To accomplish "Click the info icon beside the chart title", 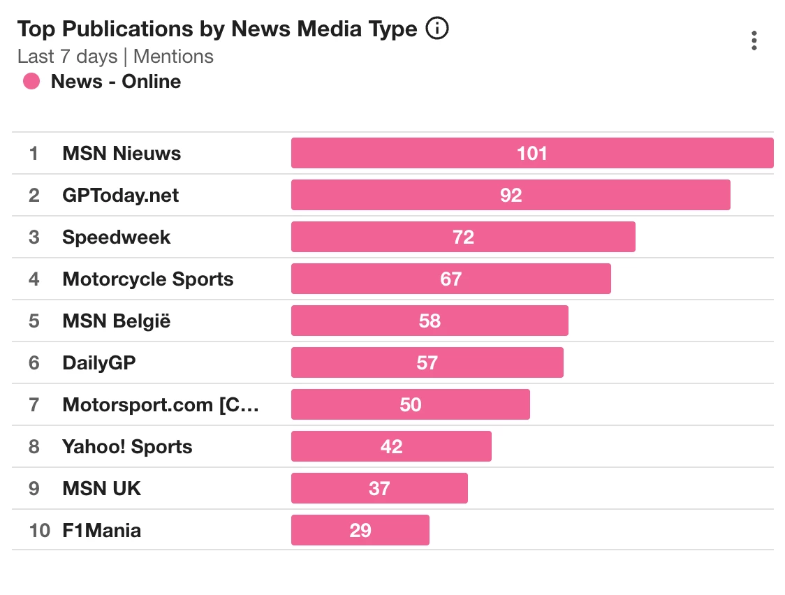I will (x=437, y=29).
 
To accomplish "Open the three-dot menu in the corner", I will (x=754, y=41).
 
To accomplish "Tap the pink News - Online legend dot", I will (x=31, y=82).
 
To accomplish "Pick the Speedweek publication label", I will (x=116, y=237).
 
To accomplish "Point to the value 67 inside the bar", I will (x=450, y=279).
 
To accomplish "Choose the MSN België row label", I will (x=116, y=321).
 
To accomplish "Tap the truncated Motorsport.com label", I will (x=160, y=405).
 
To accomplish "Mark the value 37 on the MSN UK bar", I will (x=379, y=488).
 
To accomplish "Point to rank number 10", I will (x=40, y=531).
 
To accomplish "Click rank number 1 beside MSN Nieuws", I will (x=34, y=154).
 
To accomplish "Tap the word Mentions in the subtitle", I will (x=173, y=57).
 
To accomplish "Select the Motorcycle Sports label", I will (x=147, y=279).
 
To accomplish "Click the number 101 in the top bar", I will (x=531, y=154).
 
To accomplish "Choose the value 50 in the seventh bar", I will (x=411, y=405).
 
